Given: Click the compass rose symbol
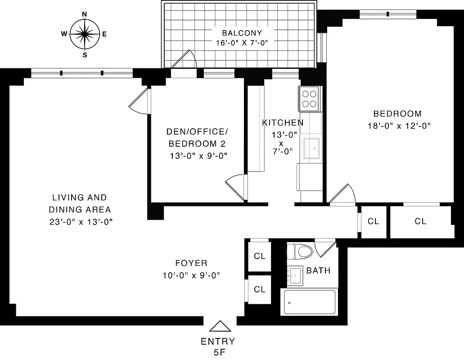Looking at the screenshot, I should pos(85,34).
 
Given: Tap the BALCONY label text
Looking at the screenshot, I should pos(242,33).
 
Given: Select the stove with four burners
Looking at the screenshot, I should pos(310,99).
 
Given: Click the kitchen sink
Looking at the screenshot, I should pos(312,148).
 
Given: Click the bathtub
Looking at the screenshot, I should pos(310,302).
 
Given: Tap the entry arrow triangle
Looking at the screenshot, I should pos(220,326).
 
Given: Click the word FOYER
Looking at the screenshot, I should pos(191,263).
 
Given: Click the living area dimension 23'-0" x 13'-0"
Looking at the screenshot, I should pos(81,221).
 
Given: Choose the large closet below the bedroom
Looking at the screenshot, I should pos(420,221).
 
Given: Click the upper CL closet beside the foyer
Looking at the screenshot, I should pos(260,256).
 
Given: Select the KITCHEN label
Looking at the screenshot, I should pos(283,122).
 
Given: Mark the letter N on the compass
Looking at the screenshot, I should pos(85,14).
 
